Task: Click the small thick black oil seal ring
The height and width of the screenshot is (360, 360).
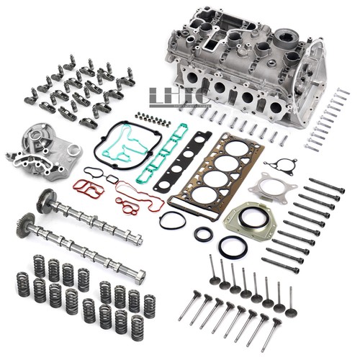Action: tap(204, 233)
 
